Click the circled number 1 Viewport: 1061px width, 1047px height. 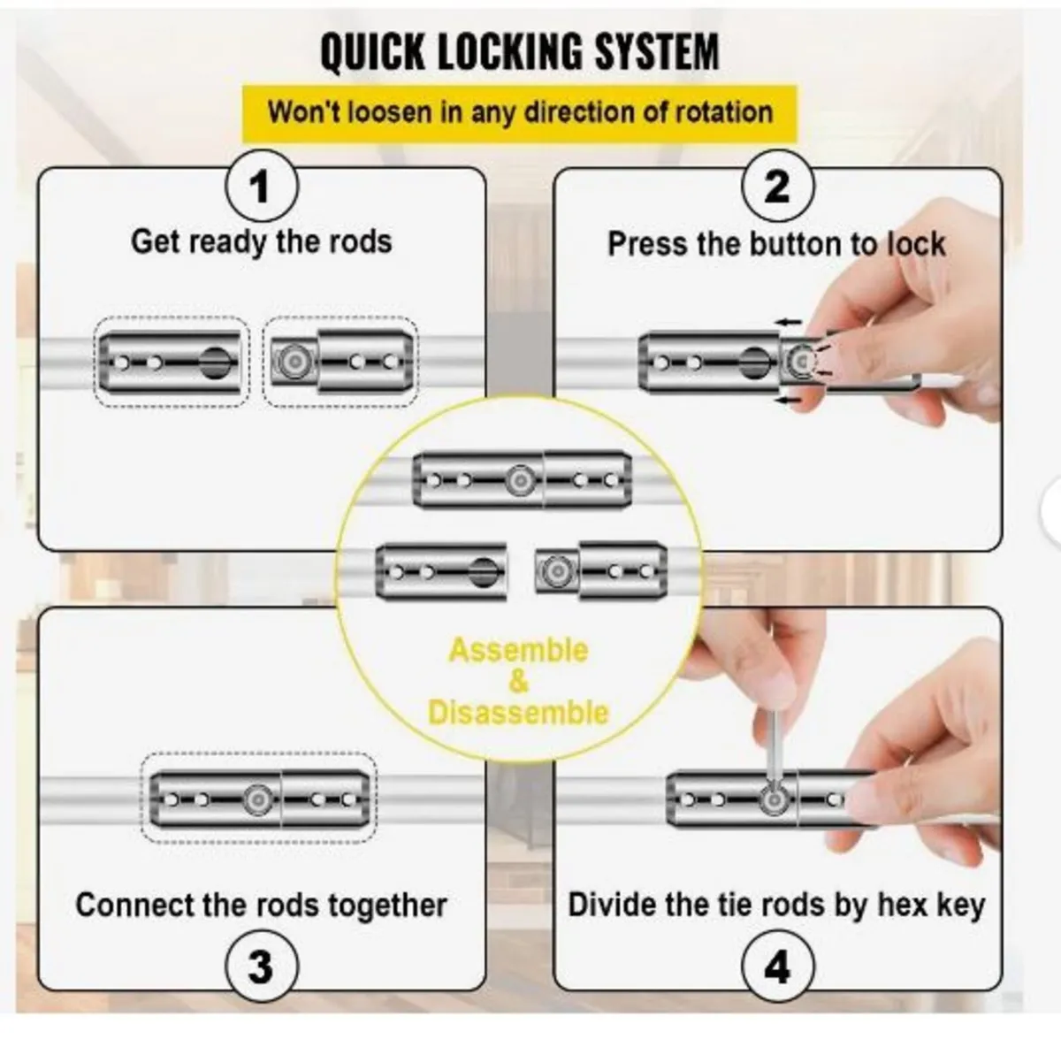point(260,188)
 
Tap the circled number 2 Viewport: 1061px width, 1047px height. point(776,188)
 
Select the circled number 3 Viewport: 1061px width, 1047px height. point(260,966)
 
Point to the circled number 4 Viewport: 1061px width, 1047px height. point(776,966)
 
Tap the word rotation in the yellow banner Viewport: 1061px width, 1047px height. point(724,112)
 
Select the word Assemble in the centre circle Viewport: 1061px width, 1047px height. point(518,651)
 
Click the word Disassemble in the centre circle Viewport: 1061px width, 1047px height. point(518,712)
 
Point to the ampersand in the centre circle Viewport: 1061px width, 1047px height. point(518,681)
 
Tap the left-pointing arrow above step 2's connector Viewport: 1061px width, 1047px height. point(790,322)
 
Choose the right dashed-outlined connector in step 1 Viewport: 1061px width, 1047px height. point(340,362)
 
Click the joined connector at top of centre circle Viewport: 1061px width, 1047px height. point(522,480)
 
